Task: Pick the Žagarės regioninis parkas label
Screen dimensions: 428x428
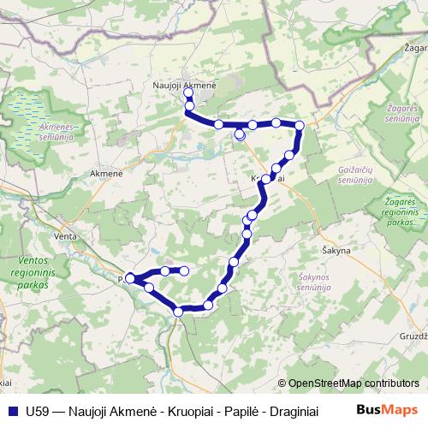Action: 400,209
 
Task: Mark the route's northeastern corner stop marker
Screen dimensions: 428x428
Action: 300,127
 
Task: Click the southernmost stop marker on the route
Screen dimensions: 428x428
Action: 179,312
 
